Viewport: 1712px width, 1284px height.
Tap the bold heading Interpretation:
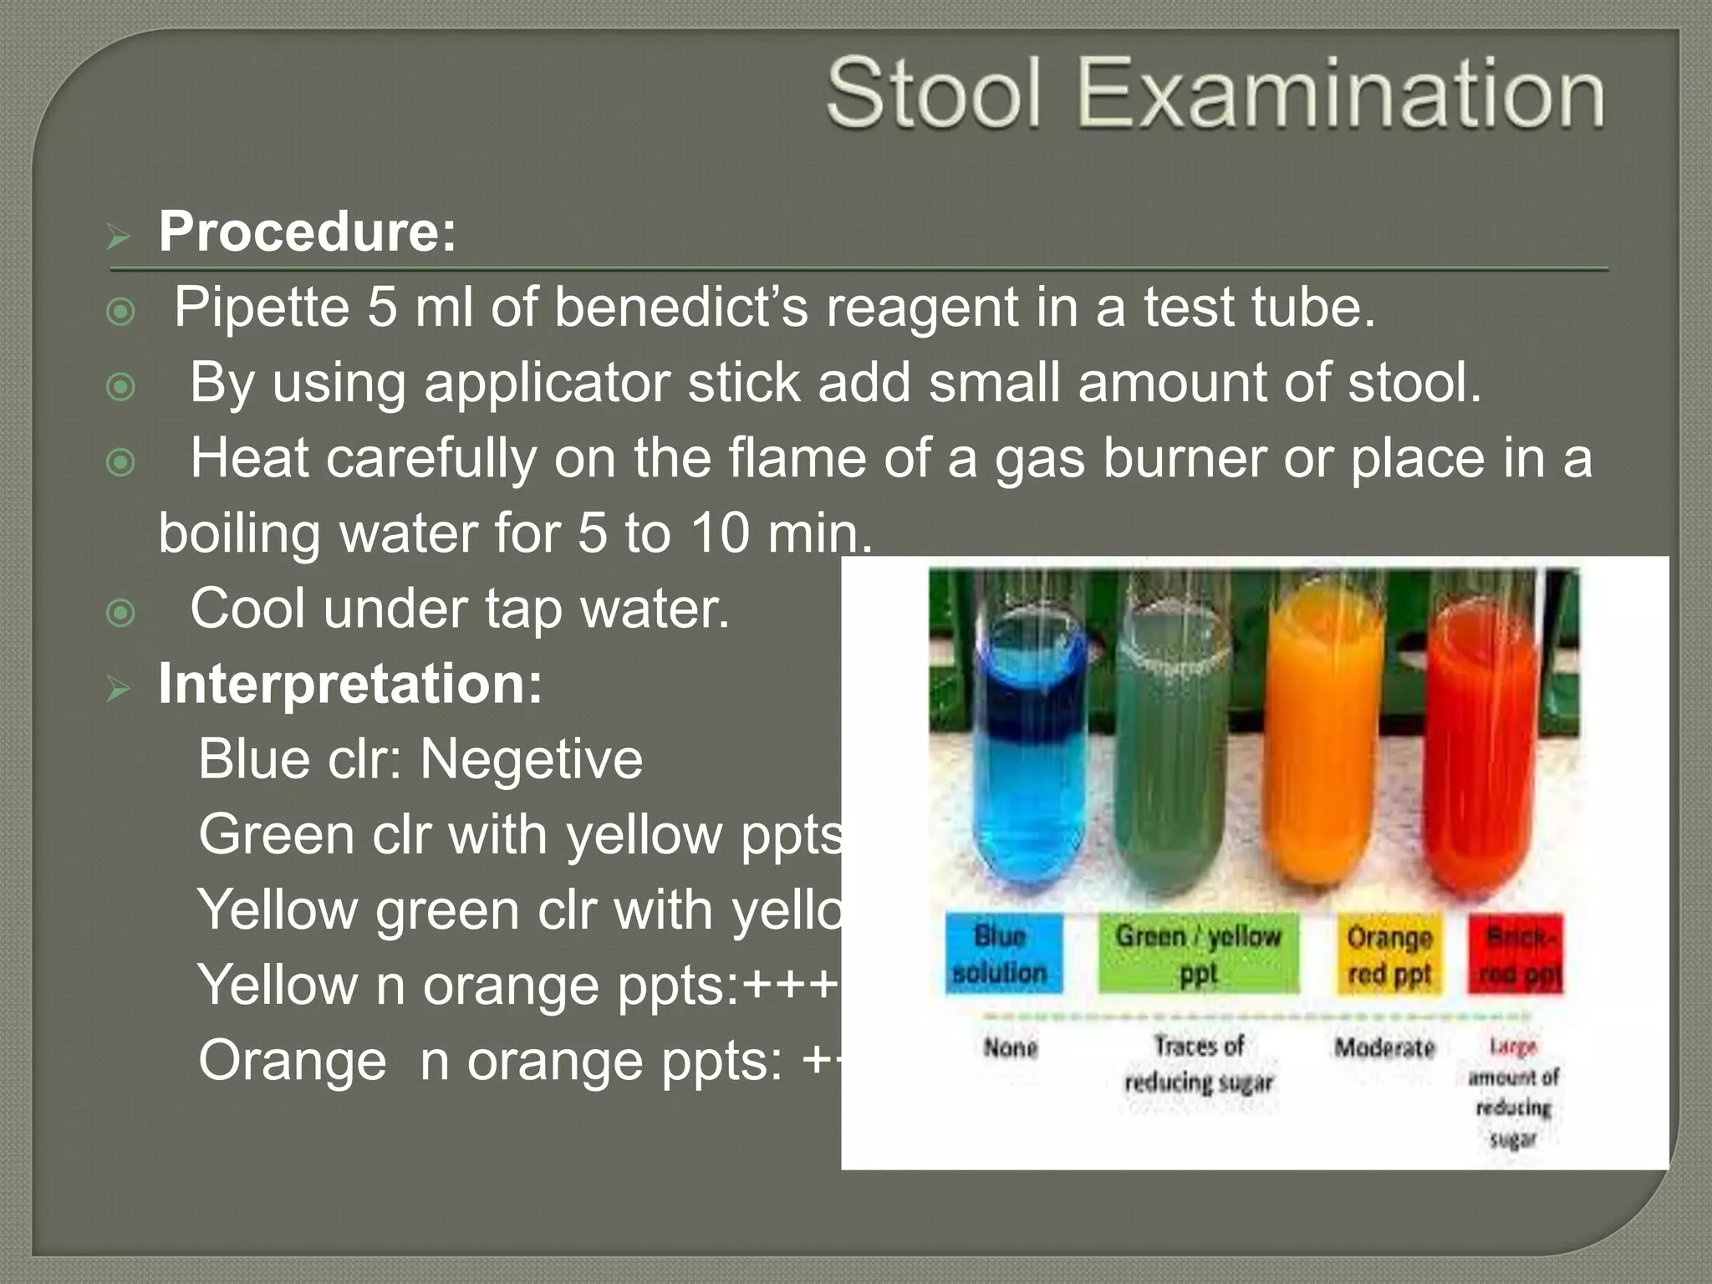point(350,684)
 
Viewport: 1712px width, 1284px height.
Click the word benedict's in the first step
point(680,307)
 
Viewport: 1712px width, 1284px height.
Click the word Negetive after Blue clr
point(531,759)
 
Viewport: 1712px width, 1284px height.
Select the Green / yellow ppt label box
point(1198,955)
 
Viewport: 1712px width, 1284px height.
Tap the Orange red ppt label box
point(1389,955)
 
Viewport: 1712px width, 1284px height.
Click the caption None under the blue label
point(1011,1047)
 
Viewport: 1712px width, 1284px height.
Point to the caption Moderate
point(1384,1047)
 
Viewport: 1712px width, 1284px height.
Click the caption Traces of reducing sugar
point(1199,1063)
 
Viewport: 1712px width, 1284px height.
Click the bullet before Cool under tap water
point(121,614)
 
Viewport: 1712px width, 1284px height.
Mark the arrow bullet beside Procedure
point(119,238)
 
